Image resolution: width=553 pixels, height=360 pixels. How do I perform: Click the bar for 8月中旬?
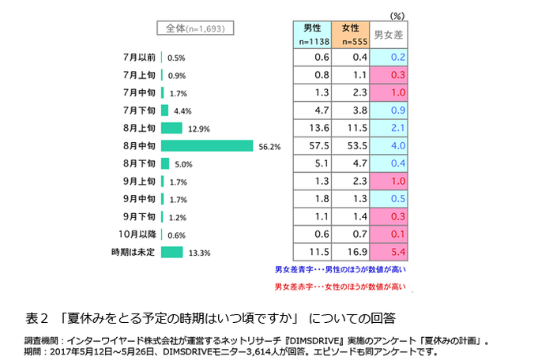[x=207, y=145]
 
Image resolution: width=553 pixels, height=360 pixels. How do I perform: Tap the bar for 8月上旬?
[x=171, y=128]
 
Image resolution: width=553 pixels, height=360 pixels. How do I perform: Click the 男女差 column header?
[x=388, y=35]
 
